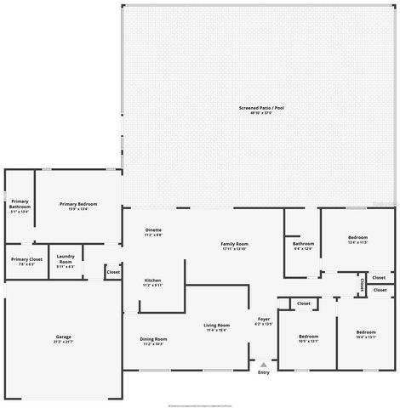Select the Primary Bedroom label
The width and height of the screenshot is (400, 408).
tap(78, 205)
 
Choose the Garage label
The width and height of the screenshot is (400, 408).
tap(64, 338)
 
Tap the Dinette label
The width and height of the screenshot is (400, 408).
tap(153, 232)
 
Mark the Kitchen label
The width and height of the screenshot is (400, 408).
tap(152, 282)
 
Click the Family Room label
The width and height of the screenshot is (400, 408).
tap(234, 246)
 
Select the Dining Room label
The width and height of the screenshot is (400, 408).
tap(154, 341)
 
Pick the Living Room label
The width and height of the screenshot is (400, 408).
tap(216, 327)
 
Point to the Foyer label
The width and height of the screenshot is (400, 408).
tap(264, 321)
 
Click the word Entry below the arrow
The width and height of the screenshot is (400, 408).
tap(264, 372)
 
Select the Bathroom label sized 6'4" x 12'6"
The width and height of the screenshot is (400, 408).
tap(304, 246)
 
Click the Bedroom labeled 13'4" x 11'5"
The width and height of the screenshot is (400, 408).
tap(357, 239)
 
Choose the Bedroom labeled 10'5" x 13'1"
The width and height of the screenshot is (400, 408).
tap(308, 337)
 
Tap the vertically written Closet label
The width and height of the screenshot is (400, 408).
tap(363, 283)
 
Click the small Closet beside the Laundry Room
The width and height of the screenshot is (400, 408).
tap(113, 272)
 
